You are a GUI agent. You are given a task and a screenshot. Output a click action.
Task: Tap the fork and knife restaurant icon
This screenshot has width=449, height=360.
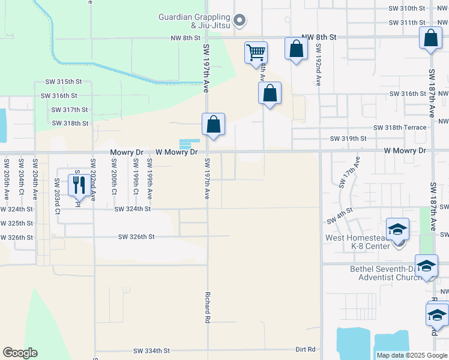[x=79, y=185]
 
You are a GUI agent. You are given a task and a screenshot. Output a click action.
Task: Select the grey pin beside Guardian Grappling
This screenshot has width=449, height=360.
[x=240, y=21]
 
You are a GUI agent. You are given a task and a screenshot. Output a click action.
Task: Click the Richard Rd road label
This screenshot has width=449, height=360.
[x=207, y=308]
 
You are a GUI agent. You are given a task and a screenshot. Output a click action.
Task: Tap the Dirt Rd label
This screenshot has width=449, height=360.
[x=306, y=349]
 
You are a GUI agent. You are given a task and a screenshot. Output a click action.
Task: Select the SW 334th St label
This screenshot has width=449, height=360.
[x=152, y=350]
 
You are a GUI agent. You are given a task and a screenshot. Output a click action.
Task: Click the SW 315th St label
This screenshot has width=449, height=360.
[x=63, y=82]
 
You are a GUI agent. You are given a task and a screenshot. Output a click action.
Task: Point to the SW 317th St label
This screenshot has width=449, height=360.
[x=70, y=110]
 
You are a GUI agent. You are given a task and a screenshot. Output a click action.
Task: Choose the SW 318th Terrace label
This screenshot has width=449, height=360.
[x=400, y=127]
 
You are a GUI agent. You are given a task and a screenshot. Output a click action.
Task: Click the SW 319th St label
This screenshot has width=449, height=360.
[x=348, y=139]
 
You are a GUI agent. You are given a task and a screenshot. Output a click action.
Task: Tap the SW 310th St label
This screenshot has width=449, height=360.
[x=407, y=8]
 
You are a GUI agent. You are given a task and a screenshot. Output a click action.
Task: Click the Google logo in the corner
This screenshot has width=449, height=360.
[x=20, y=353]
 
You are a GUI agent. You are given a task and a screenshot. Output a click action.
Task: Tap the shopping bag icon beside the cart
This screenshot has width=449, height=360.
[x=296, y=49]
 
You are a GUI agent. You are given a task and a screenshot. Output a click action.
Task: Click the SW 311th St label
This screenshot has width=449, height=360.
[x=407, y=22]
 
